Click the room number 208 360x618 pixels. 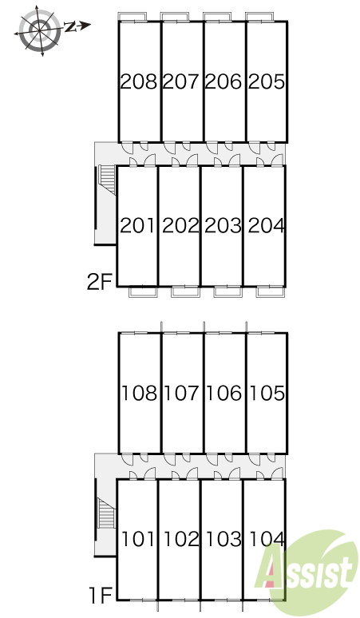(139, 81)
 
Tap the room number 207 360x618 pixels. (180, 81)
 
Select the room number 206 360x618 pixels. (224, 81)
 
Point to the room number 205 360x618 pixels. (267, 81)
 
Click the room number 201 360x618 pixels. (137, 225)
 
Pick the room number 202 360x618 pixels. (180, 225)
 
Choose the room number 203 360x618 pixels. (224, 225)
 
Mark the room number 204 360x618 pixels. (267, 225)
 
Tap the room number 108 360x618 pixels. (140, 394)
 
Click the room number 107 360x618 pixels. (181, 394)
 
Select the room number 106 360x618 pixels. (224, 394)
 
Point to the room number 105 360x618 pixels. (267, 394)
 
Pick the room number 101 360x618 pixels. (138, 539)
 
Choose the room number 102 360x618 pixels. (181, 539)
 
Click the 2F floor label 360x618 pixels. (100, 282)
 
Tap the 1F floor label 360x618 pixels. (101, 595)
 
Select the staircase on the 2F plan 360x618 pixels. (107, 180)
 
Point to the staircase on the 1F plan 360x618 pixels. (107, 513)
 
